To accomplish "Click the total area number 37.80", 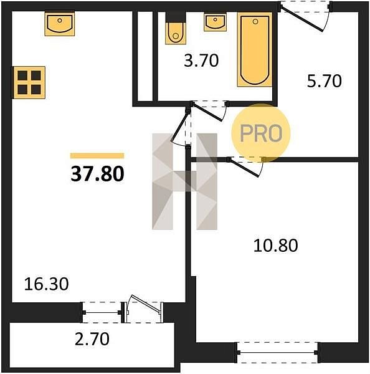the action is [97, 174].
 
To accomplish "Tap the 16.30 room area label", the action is [47, 284].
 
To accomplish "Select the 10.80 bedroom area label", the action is [275, 246].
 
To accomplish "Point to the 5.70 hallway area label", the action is [325, 81].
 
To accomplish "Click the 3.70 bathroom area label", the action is [201, 60].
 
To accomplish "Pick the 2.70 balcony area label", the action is [92, 339].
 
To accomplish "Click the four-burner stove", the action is [29, 82].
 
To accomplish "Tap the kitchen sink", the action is [60, 24].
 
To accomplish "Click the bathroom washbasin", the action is [215, 22].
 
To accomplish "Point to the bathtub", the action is [255, 49].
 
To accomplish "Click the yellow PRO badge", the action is [261, 133].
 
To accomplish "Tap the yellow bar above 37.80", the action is [97, 156].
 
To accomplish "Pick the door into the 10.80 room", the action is [245, 166].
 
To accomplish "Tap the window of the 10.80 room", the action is [277, 352].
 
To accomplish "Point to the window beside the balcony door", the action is [102, 312].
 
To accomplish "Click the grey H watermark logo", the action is [185, 181].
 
